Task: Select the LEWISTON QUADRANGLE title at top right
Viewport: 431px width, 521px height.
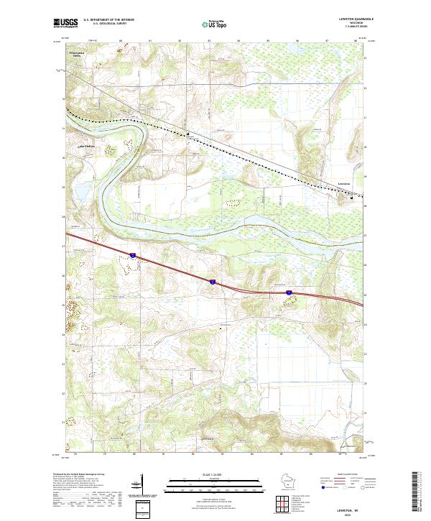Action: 355,19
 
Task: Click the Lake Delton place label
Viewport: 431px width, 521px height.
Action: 86,146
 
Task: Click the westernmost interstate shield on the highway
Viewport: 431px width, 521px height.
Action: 133,254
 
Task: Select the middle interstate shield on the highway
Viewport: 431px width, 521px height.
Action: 213,282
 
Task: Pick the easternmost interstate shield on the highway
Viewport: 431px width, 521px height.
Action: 289,292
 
